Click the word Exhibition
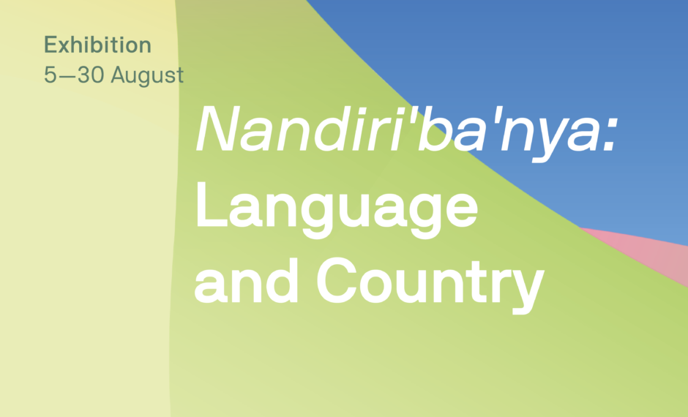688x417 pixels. [97, 45]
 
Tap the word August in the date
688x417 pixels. [147, 75]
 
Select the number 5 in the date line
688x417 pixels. [51, 75]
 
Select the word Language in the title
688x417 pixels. [337, 209]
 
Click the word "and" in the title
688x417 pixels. [246, 281]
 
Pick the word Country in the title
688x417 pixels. [430, 285]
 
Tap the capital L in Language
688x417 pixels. [212, 203]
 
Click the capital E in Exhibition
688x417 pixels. [51, 45]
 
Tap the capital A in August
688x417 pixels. [119, 75]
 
